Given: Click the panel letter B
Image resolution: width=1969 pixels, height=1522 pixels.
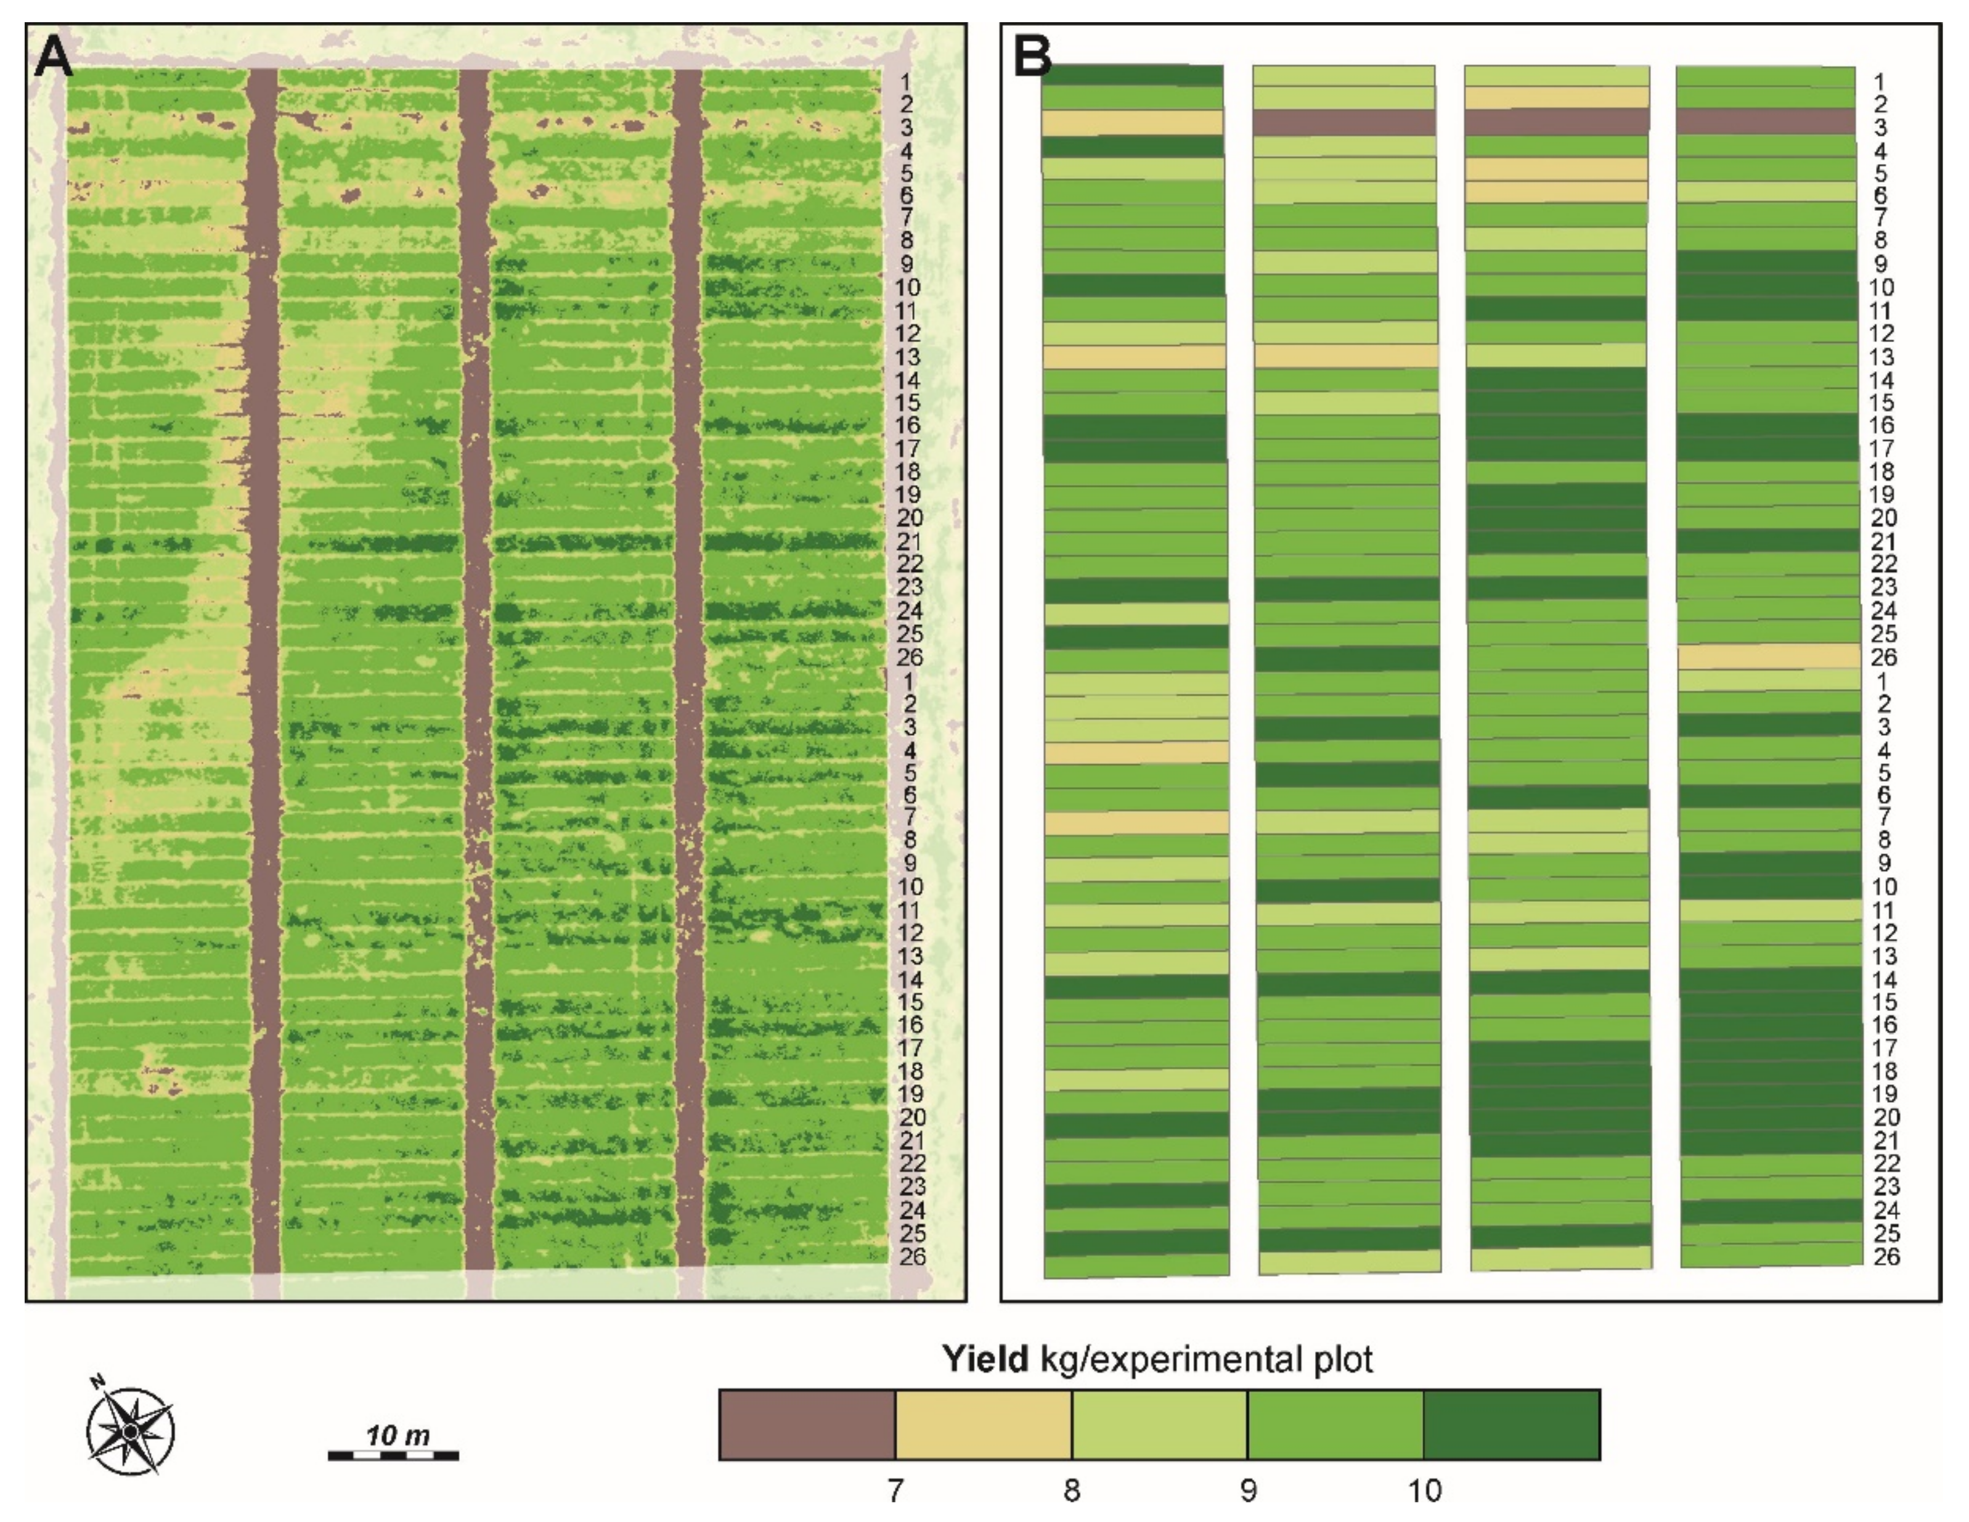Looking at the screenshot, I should click(x=1032, y=56).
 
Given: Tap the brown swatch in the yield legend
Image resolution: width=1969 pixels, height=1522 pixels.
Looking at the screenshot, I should click(x=806, y=1425).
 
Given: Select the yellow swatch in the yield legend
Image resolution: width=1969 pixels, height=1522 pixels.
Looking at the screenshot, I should click(x=983, y=1425).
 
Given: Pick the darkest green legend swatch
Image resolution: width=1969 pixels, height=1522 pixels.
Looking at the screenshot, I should click(x=1511, y=1425).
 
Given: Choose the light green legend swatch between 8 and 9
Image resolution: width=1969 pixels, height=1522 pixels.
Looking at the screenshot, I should click(x=1159, y=1425).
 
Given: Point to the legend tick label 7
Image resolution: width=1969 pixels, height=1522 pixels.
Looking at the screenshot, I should click(x=894, y=1491).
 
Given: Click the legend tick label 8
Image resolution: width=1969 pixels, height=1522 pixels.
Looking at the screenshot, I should click(x=1071, y=1491).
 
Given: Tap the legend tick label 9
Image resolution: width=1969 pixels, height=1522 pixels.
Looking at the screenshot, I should click(x=1248, y=1491).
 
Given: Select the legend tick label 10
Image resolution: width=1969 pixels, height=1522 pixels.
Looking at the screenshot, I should click(x=1424, y=1491).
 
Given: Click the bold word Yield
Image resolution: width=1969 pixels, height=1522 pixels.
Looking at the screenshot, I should click(x=985, y=1359).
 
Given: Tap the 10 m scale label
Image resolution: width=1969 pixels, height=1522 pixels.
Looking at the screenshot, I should click(x=397, y=1434).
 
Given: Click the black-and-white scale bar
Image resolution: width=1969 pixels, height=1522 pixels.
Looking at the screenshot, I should click(x=393, y=1455).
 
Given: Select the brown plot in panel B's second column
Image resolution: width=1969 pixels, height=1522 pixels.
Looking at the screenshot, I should click(x=1344, y=123).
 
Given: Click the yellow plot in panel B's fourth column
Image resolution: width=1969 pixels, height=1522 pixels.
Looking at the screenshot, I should click(x=1769, y=655).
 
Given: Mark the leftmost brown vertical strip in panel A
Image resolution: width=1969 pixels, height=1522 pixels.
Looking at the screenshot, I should click(x=264, y=667).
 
